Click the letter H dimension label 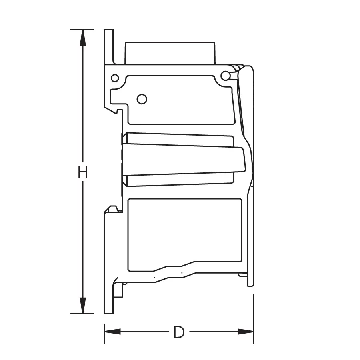click(x=83, y=172)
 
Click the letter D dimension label click(x=179, y=332)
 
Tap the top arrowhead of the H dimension click(x=83, y=38)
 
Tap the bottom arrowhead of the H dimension click(x=83, y=306)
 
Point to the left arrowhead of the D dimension click(x=112, y=332)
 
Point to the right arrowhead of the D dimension click(x=246, y=332)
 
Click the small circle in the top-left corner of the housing click(x=115, y=78)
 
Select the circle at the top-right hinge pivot click(x=226, y=75)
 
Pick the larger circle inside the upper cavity click(x=142, y=99)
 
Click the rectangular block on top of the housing click(x=170, y=53)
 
